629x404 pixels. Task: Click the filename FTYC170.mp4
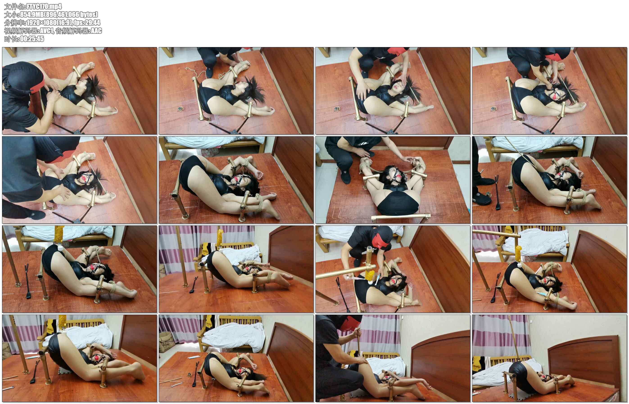44,6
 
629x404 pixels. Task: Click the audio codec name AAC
96,31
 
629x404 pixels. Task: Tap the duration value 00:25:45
32,39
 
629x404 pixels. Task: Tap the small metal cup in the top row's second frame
180,109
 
